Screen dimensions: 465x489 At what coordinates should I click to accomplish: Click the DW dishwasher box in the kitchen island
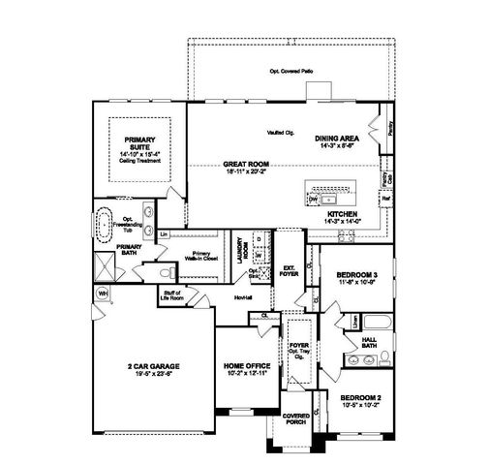[313, 198]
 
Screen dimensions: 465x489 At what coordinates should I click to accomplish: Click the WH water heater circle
[102, 292]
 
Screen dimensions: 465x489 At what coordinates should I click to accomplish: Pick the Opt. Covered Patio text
[293, 73]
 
